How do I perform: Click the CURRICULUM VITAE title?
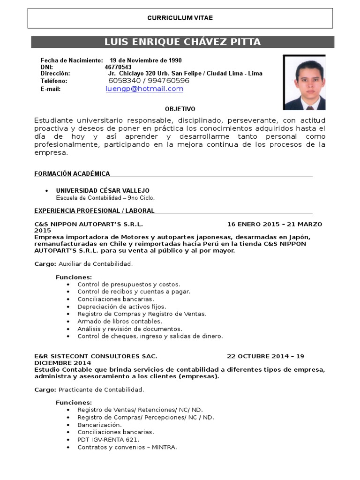point(180,18)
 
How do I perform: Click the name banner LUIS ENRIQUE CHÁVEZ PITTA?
point(182,42)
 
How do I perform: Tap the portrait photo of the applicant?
point(304,82)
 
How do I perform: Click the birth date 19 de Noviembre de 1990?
point(146,60)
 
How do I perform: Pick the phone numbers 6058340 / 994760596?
point(149,81)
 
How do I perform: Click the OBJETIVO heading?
point(180,109)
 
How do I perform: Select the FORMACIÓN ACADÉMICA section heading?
point(72,173)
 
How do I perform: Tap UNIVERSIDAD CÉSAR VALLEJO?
point(103,190)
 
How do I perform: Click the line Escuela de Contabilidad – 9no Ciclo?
point(105,197)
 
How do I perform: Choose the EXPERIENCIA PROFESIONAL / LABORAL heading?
point(94,210)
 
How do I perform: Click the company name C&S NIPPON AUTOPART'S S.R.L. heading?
point(89,224)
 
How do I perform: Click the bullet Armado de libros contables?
point(120,321)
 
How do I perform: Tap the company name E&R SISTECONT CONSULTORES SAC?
point(96,356)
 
